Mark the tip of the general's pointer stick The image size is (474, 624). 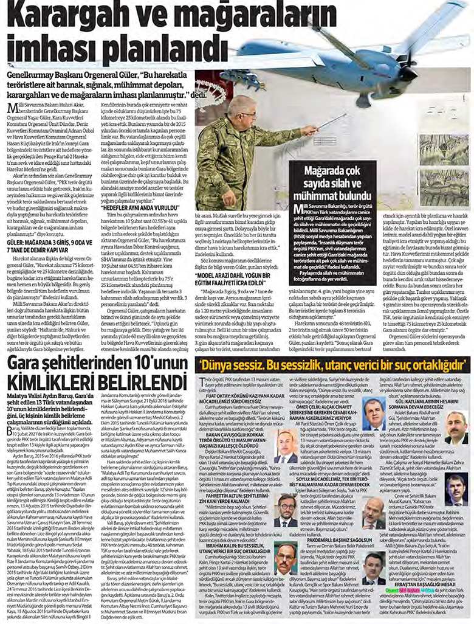tap(346, 116)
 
